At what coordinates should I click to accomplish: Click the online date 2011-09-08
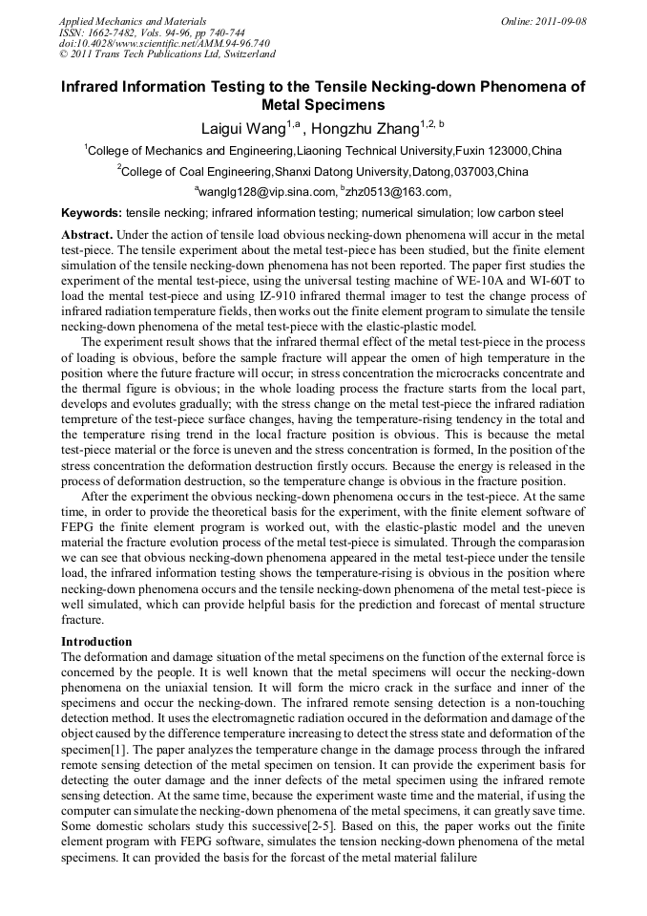(x=561, y=21)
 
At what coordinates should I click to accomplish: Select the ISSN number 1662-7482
(x=123, y=32)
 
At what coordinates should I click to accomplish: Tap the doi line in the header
(x=164, y=44)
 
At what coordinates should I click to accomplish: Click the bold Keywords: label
(x=92, y=213)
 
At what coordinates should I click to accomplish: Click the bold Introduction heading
(x=96, y=641)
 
